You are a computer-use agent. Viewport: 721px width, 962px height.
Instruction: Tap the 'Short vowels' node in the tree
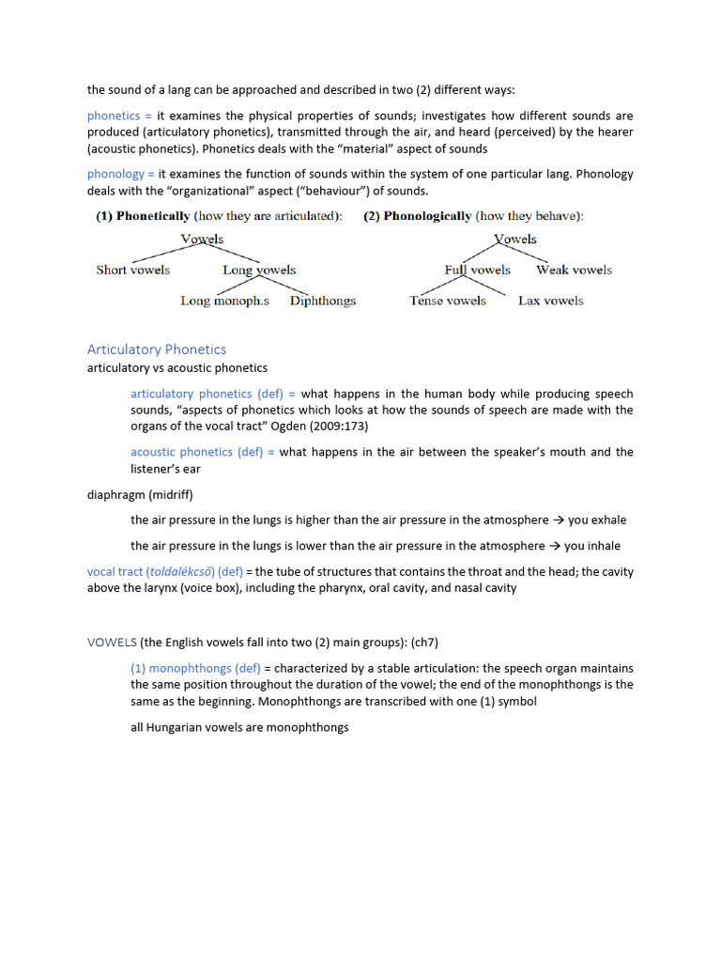[x=133, y=270]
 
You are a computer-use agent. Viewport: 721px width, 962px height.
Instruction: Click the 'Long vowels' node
[x=259, y=270]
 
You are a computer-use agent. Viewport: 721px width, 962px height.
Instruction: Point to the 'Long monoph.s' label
[x=224, y=301]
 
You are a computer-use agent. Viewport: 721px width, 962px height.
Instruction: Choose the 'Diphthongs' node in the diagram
[x=323, y=301]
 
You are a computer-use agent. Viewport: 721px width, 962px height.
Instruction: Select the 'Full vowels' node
[x=477, y=270]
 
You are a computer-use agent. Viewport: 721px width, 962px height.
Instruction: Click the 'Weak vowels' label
[x=574, y=270]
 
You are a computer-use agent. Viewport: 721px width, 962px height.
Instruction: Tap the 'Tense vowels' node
[x=448, y=301]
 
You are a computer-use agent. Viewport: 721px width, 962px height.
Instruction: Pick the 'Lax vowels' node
[x=550, y=301]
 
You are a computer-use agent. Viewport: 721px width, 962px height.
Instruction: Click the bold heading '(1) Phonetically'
[x=143, y=216]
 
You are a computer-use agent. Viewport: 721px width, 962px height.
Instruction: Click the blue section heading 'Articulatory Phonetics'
[x=157, y=349]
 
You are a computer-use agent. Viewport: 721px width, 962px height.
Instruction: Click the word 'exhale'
[x=606, y=520]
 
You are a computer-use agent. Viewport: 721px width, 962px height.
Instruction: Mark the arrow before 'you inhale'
[x=555, y=546]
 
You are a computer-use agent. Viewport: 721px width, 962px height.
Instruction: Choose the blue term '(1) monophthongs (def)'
[x=195, y=669]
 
